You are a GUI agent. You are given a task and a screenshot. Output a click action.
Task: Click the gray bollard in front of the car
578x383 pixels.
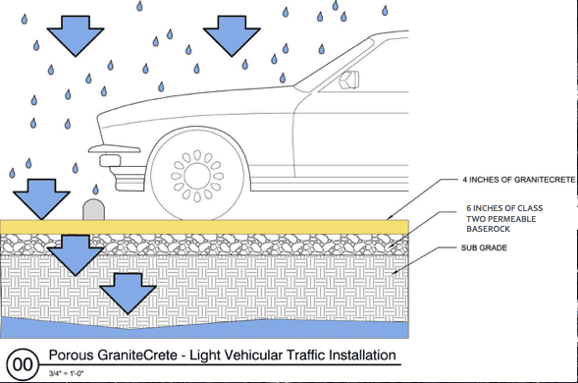point(95,209)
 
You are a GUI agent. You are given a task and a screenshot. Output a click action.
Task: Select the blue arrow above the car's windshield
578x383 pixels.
point(232,36)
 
